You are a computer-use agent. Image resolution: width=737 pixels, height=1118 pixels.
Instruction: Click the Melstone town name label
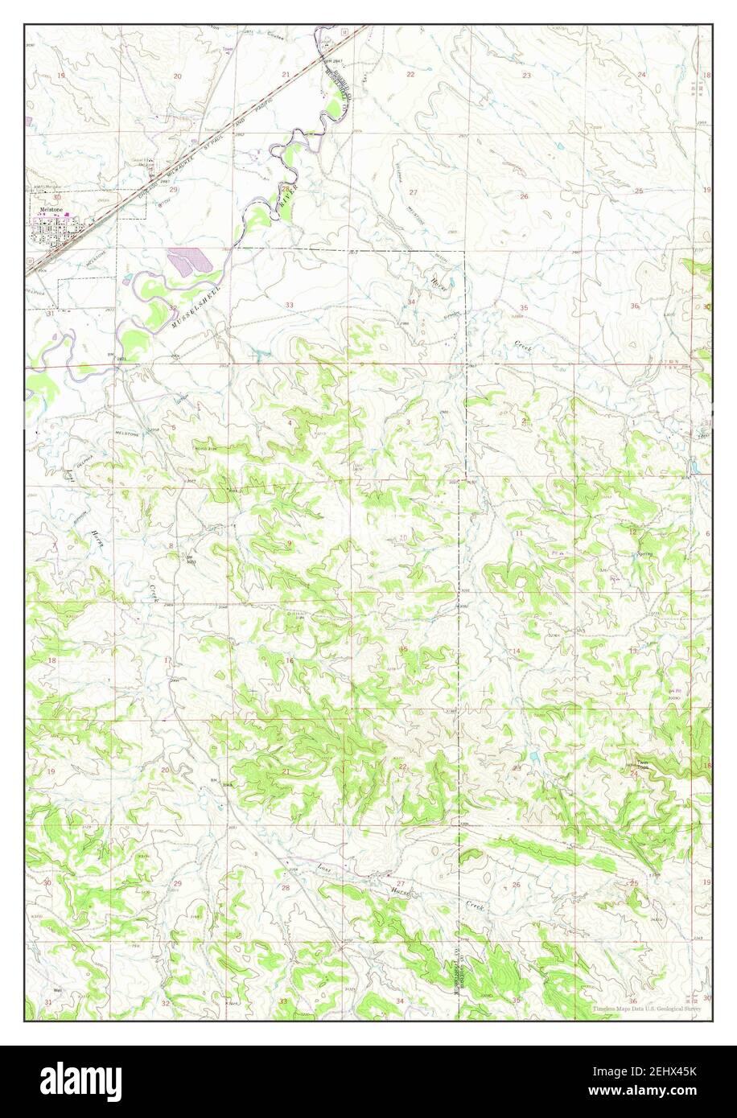(46, 208)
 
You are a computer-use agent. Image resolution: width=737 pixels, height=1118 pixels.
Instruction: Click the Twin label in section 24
(641, 763)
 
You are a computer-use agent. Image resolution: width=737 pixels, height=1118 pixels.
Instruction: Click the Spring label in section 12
(643, 554)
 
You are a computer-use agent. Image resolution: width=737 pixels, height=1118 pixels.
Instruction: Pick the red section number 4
(290, 422)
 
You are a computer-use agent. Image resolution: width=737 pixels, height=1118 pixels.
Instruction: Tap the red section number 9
(290, 544)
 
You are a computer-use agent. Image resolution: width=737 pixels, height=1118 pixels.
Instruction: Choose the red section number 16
(289, 660)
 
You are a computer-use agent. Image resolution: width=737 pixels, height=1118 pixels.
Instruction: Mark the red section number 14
(517, 651)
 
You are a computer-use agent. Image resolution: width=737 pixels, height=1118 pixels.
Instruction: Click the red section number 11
(520, 533)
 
